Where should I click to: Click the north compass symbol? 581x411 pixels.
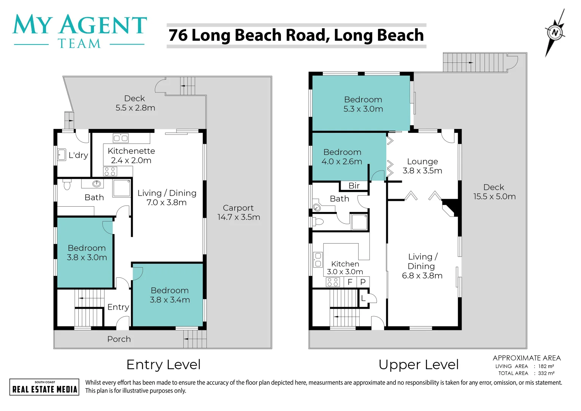[x=555, y=33]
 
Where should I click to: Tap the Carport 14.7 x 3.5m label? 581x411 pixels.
[x=239, y=212]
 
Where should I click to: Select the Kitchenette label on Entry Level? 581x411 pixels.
[x=131, y=151]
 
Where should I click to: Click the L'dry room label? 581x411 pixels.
[x=78, y=155]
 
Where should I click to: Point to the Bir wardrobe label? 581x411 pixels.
[x=354, y=186]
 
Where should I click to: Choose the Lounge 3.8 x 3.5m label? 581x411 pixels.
[x=422, y=166]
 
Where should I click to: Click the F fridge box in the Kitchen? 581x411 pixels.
[x=350, y=282]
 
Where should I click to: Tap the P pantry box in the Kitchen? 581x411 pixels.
[x=363, y=282]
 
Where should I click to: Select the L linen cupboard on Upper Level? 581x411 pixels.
[x=363, y=298]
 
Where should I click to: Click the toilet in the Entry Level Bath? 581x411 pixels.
[x=67, y=185]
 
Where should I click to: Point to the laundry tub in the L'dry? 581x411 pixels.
[x=62, y=155]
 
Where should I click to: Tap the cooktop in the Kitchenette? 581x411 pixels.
[x=110, y=172]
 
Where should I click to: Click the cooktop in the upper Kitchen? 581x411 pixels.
[x=333, y=282]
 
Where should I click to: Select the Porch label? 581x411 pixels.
[x=119, y=339]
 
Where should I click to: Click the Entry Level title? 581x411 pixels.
[x=164, y=365]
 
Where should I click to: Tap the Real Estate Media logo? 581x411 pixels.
[x=44, y=387]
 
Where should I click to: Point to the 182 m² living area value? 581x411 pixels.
[x=546, y=366]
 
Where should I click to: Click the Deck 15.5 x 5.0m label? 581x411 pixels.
[x=494, y=191]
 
